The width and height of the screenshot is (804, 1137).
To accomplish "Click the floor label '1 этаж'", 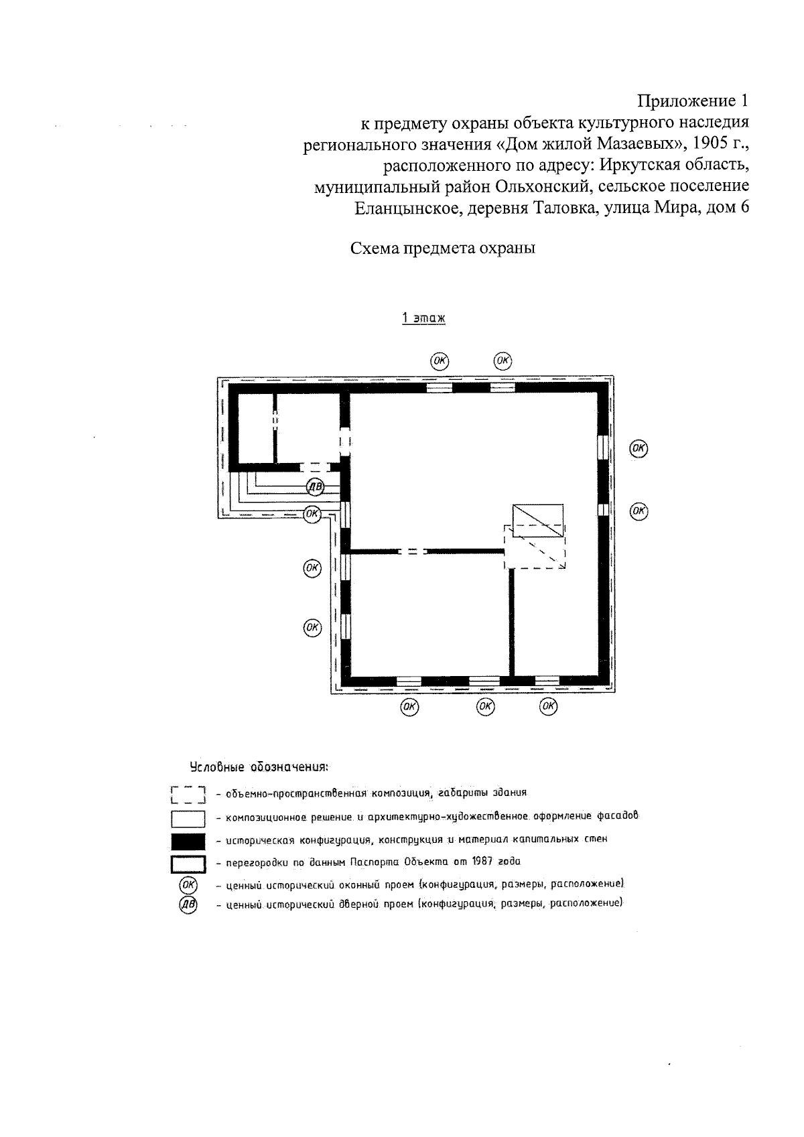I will [x=423, y=318].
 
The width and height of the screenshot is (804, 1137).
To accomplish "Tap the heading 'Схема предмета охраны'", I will [x=443, y=249].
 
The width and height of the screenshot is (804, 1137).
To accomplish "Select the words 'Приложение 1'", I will [x=691, y=101].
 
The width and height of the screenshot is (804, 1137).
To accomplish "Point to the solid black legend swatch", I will [x=188, y=841].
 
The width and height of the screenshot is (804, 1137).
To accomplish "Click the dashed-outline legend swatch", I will [x=188, y=795].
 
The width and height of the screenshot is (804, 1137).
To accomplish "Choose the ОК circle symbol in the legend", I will [x=188, y=885].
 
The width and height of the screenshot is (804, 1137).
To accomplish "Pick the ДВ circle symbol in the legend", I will [x=188, y=905].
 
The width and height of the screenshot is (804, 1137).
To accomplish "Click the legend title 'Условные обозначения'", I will [x=259, y=766].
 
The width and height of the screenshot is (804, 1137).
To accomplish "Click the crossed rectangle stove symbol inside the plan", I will [x=537, y=520].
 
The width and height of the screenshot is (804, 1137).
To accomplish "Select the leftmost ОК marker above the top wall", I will [x=439, y=360].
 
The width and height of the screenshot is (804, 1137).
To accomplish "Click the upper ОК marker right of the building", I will [x=639, y=448].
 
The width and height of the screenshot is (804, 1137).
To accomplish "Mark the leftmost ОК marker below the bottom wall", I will [x=409, y=706].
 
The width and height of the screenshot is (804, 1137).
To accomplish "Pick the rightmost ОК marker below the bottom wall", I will [x=549, y=706].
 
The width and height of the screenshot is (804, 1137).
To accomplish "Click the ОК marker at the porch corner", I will [x=312, y=515].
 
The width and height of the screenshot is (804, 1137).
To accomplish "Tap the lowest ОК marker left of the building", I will [x=312, y=628].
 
